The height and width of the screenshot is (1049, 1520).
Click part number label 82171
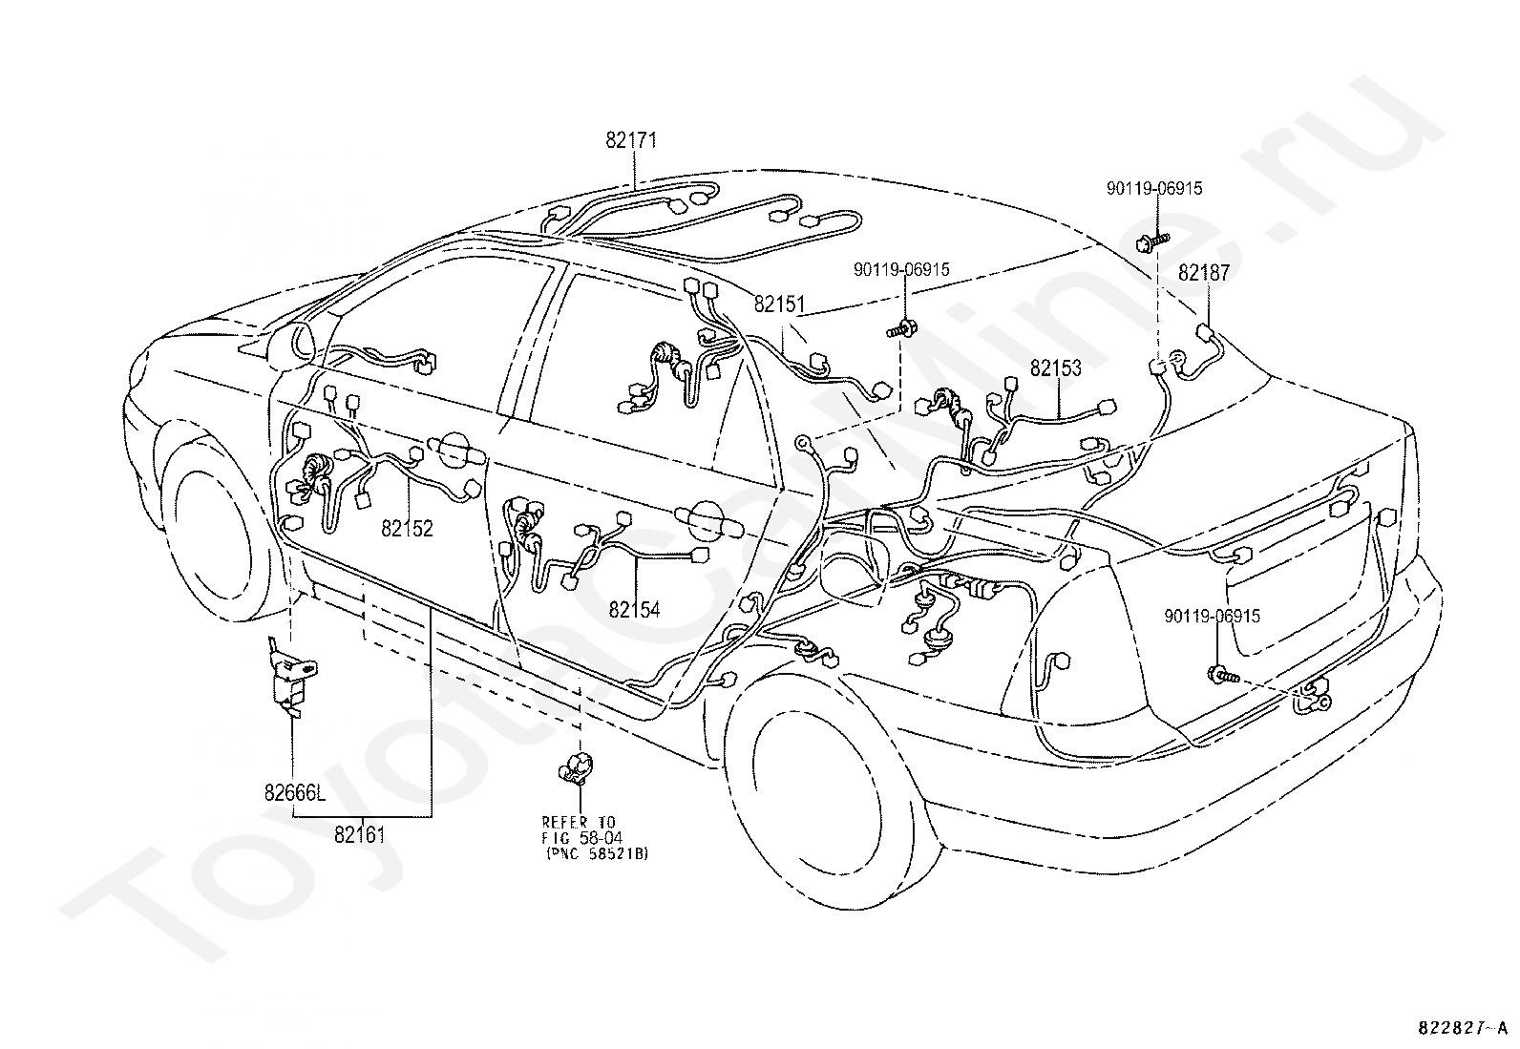pos(631,141)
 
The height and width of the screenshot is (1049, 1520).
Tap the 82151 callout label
pos(779,304)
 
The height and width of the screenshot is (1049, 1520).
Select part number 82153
pos(1055,367)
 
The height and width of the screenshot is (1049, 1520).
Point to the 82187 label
pos(1203,273)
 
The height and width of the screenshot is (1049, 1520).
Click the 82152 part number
pos(407,528)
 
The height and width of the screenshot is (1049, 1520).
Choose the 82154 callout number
pos(634,610)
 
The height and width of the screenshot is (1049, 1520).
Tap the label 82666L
pos(294,791)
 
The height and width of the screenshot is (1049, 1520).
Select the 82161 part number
pos(360,834)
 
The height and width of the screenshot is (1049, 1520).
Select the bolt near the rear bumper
pos(1222,676)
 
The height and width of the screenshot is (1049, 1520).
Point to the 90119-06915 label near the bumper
pos(1212,617)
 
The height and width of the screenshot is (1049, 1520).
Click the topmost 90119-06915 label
pos(1154,189)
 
